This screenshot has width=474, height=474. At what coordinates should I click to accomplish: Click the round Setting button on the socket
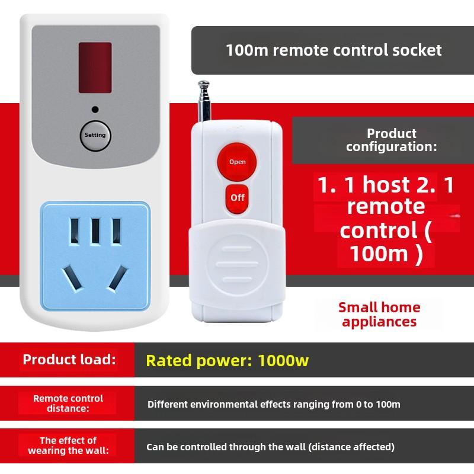[x=95, y=135]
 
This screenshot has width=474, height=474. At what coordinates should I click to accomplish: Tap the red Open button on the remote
[x=237, y=161]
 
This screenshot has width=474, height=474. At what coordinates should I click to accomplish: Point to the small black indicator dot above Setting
[x=95, y=110]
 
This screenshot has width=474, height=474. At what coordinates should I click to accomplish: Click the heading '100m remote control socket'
[x=334, y=50]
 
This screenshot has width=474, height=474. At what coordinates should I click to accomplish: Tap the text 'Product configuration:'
[x=391, y=140]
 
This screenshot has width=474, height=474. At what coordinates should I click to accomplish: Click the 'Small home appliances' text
[x=379, y=314]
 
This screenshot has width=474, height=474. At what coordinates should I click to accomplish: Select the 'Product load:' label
[x=69, y=360]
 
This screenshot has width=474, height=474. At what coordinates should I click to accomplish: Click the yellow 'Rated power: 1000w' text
[x=228, y=360]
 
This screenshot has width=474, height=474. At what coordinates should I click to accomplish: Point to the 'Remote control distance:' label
[x=68, y=403]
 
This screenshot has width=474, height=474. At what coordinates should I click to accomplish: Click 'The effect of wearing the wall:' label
[x=68, y=446]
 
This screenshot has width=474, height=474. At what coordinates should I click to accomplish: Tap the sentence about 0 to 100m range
[x=274, y=404]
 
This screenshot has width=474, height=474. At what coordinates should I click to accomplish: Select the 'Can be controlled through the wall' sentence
[x=271, y=447]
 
